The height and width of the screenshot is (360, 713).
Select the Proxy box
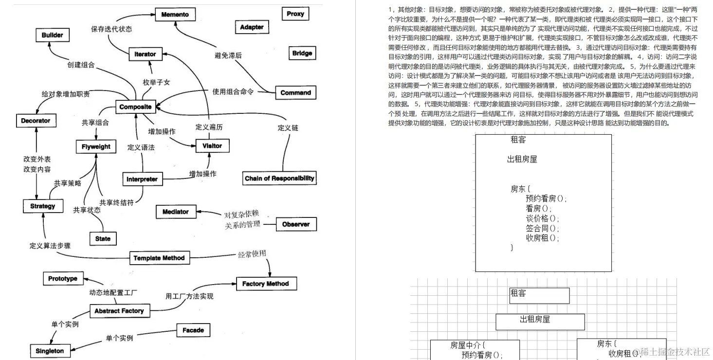click(x=295, y=14)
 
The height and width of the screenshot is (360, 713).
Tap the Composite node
click(x=135, y=107)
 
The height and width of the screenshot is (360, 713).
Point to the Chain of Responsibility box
click(x=279, y=179)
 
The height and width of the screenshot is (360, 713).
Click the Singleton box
click(x=50, y=351)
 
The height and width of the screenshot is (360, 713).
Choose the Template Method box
click(x=159, y=258)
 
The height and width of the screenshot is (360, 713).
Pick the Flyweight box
click(x=96, y=146)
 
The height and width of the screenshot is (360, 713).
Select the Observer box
click(x=296, y=224)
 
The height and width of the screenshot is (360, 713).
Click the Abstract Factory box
click(x=119, y=311)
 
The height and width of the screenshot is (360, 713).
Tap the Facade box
click(x=193, y=330)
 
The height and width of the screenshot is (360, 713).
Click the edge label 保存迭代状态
click(x=111, y=29)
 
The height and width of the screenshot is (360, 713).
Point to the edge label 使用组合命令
click(x=233, y=91)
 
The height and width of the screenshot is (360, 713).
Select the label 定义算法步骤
click(x=50, y=246)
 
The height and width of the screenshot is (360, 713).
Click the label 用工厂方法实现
click(x=189, y=296)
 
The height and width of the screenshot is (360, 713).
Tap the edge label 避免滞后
click(x=228, y=55)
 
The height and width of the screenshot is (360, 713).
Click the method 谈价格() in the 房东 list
click(x=543, y=218)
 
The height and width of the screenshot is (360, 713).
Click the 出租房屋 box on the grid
click(x=540, y=321)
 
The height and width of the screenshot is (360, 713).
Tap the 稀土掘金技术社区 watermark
click(x=674, y=351)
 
